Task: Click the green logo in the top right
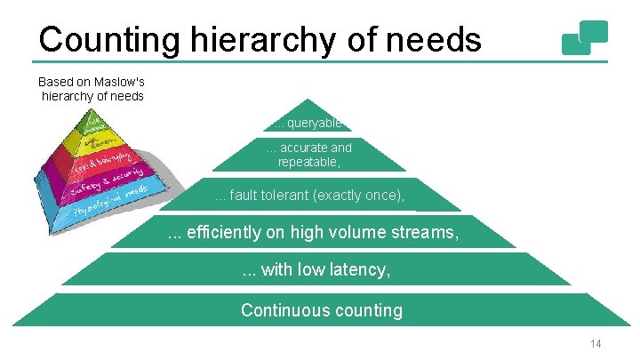pos(585,37)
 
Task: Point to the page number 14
pos(595,344)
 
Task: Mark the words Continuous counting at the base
pos(321,310)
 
